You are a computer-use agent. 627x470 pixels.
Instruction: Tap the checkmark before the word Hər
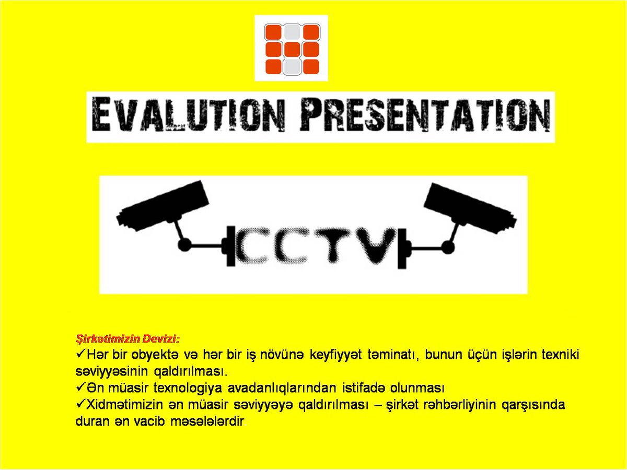(81, 354)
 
